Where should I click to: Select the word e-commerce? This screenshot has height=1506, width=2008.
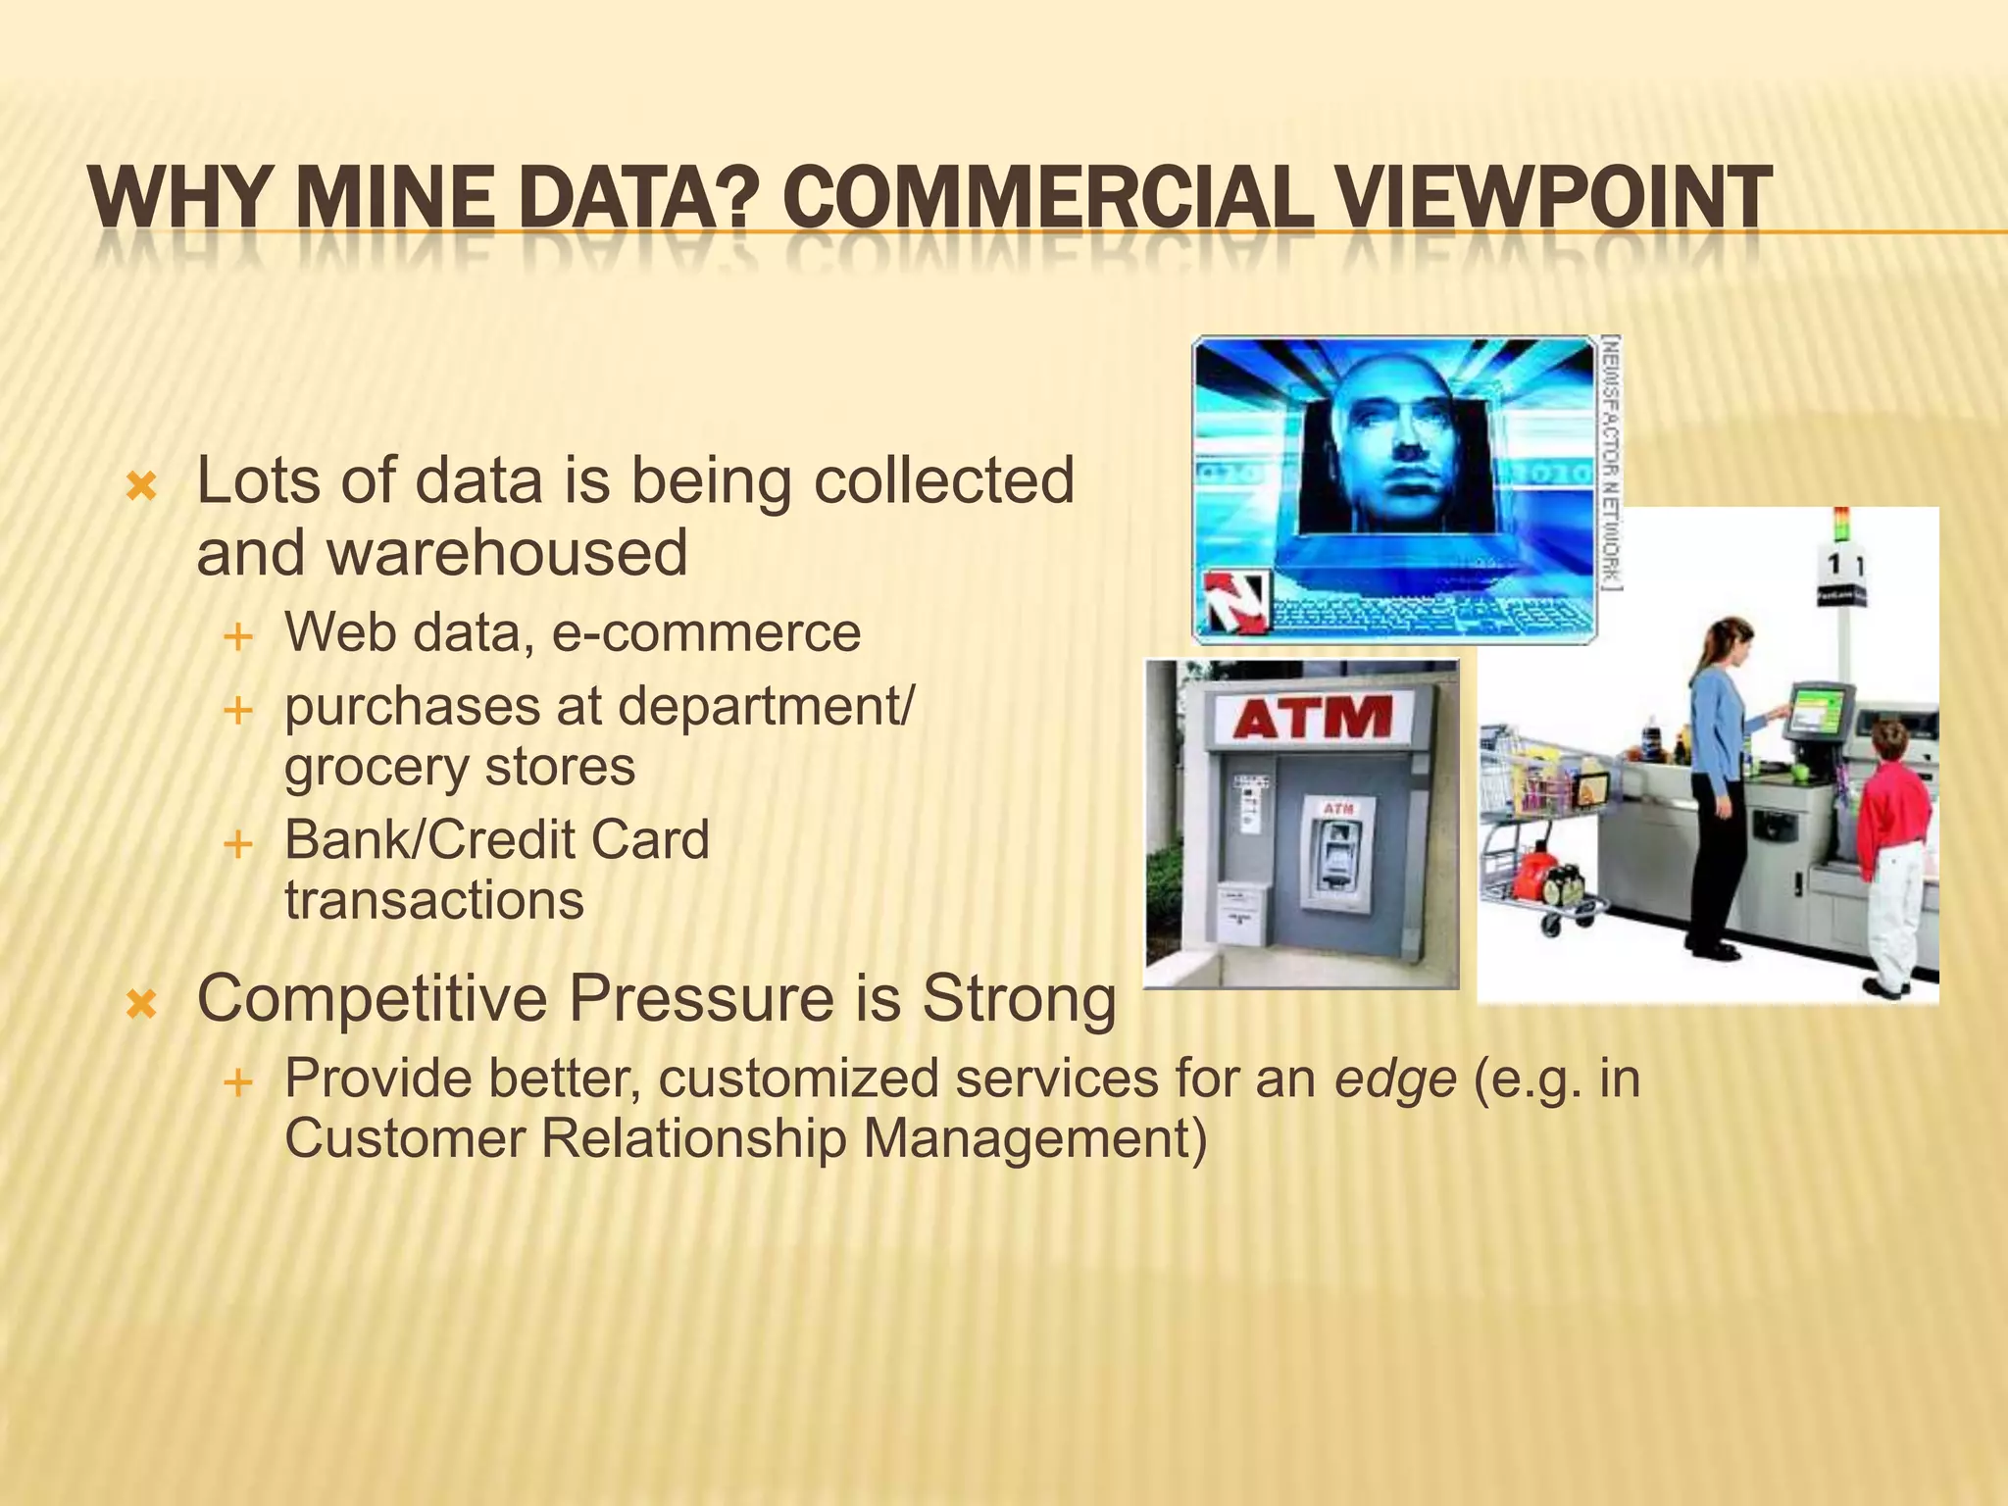click(x=706, y=633)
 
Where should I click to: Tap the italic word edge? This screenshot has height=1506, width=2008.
click(x=1396, y=1079)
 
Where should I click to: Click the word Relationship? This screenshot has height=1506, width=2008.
click(x=694, y=1139)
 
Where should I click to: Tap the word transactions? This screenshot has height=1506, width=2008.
click(x=434, y=900)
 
